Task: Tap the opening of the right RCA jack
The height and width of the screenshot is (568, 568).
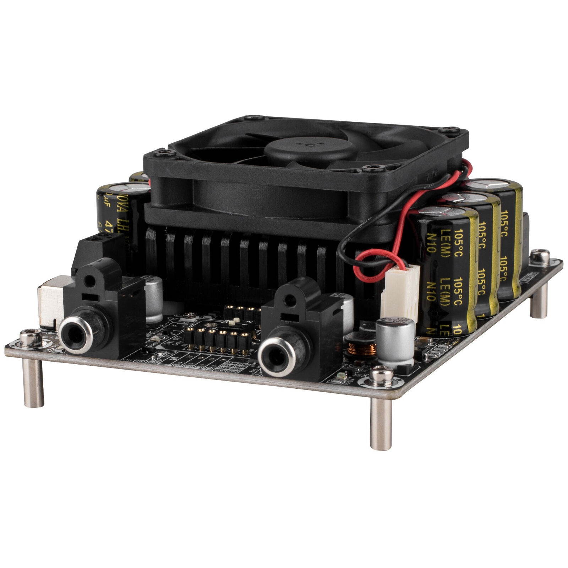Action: [x=276, y=355]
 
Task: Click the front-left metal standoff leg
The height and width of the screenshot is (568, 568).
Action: [x=33, y=383]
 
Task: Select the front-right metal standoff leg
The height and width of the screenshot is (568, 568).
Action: [x=381, y=422]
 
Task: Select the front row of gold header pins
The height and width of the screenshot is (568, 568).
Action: [x=217, y=341]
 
